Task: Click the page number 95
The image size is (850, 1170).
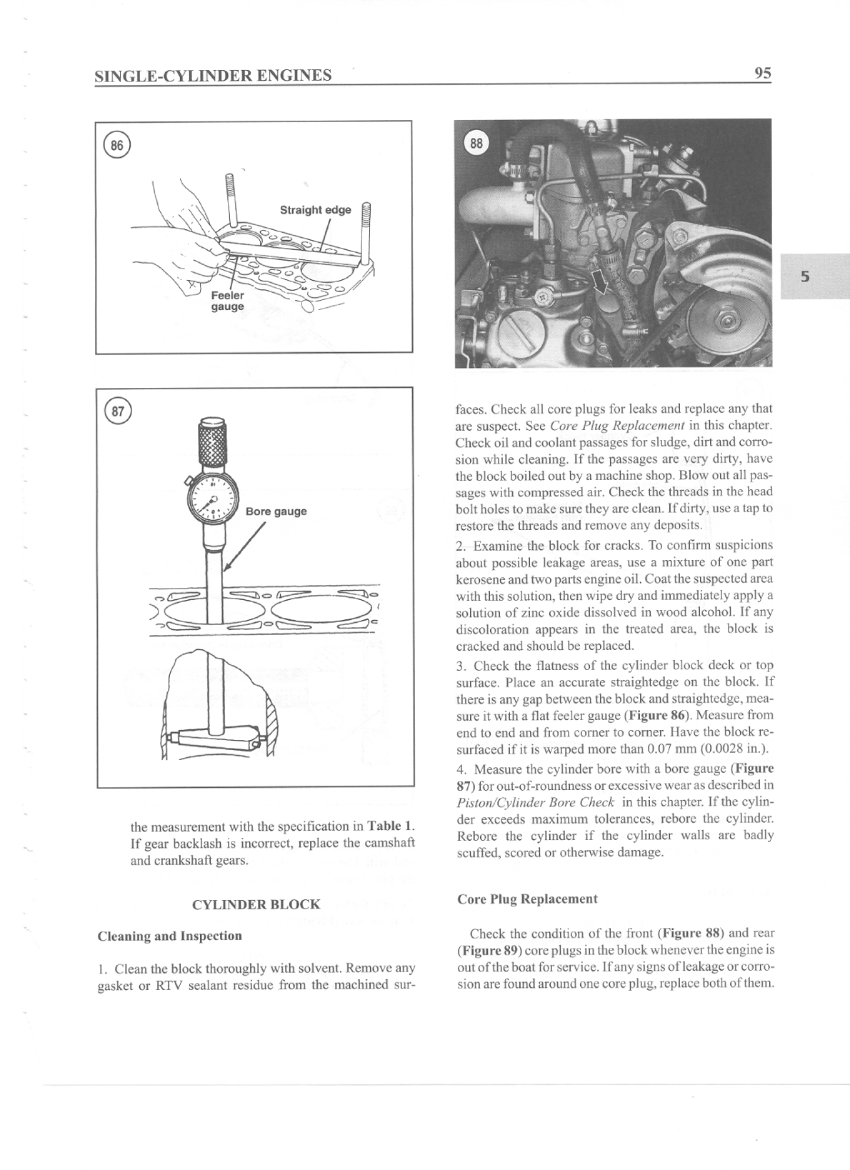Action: tap(762, 73)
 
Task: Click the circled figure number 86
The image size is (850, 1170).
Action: tap(115, 146)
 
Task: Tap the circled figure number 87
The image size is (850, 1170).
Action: tap(115, 411)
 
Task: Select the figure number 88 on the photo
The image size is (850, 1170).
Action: tap(475, 143)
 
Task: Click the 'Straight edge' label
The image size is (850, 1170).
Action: tap(315, 210)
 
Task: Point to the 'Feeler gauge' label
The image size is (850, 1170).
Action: tap(227, 301)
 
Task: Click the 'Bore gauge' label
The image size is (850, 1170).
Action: tap(276, 511)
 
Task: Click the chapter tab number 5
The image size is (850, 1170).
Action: tap(805, 277)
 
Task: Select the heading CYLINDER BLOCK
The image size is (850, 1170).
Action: tap(256, 904)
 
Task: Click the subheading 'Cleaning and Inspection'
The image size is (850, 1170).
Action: tap(169, 936)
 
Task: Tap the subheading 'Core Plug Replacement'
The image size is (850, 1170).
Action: tap(526, 899)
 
